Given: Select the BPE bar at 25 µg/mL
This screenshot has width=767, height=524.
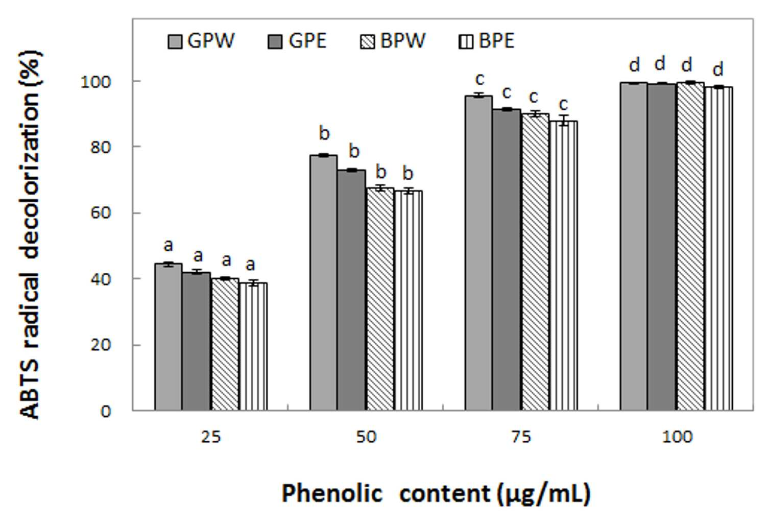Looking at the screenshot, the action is point(253,347).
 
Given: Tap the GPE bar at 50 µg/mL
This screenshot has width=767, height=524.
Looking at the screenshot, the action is point(351,290).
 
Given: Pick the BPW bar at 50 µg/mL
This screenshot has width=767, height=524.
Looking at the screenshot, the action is point(380,299).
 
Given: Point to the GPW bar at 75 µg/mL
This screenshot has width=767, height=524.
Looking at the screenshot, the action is point(478,253).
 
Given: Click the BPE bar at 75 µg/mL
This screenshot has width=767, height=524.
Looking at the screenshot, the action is point(564,266).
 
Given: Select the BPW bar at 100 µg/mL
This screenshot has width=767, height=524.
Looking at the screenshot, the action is point(690,247).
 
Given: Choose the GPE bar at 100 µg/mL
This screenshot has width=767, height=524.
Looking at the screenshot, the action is point(661,247).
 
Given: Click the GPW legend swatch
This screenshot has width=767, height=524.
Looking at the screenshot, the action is point(175,42).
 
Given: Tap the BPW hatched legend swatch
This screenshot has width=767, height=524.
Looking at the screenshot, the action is point(367,42).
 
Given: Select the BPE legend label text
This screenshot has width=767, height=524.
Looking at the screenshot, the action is point(496,41).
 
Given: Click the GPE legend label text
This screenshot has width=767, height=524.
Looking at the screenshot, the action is point(307,41).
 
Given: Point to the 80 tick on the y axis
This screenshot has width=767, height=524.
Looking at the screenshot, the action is point(100,147).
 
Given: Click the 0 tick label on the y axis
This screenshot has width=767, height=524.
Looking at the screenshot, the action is point(106,411).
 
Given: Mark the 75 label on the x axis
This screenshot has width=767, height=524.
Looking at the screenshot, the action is point(521,437).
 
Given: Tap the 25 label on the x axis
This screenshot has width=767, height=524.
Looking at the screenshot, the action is point(211,437).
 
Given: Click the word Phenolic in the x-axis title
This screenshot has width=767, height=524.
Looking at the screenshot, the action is point(332,493).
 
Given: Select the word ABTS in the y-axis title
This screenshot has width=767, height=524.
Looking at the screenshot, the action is point(30,393).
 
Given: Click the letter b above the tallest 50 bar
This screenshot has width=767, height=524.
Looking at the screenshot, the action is point(324,133).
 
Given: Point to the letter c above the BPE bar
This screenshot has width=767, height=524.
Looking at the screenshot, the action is point(563,104).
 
